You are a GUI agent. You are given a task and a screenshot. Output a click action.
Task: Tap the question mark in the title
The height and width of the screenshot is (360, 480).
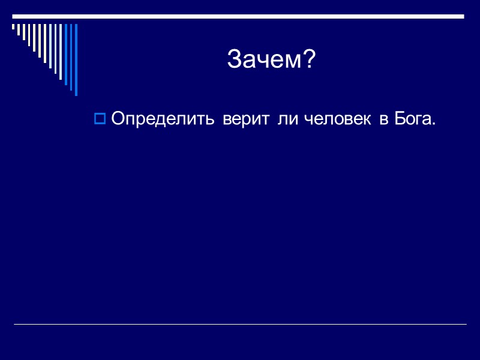pyautogui.click(x=308, y=59)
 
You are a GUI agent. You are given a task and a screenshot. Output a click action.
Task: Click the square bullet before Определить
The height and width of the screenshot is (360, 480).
pyautogui.click(x=100, y=119)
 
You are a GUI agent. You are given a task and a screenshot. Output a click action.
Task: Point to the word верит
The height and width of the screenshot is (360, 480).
pyautogui.click(x=247, y=119)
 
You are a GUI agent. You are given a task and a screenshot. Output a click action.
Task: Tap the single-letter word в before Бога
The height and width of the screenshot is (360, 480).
pyautogui.click(x=383, y=119)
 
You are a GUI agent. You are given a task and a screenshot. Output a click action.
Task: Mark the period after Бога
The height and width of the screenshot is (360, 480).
pyautogui.click(x=433, y=124)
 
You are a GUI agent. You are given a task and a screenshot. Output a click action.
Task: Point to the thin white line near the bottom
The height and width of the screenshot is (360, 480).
pyautogui.click(x=240, y=325)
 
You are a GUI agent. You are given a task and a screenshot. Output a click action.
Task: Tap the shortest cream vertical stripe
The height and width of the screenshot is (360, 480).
pyautogui.click(x=13, y=27)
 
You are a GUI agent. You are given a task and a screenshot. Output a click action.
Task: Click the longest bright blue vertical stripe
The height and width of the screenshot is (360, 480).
pyautogui.click(x=76, y=60)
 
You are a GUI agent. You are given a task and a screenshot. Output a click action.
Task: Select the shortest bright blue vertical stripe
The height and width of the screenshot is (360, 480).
pyautogui.click(x=66, y=54)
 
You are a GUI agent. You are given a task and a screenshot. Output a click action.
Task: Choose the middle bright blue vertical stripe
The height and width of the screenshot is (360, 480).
pyautogui.click(x=71, y=58)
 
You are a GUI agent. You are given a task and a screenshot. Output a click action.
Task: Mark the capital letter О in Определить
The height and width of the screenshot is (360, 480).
pyautogui.click(x=118, y=119)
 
